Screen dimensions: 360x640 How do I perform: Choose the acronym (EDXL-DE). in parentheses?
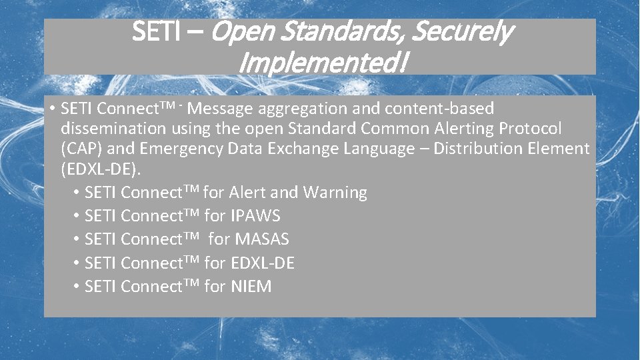coord(101,169)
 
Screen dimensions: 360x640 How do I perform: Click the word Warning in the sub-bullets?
coord(335,193)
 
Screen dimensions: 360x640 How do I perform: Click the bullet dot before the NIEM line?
coord(77,287)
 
